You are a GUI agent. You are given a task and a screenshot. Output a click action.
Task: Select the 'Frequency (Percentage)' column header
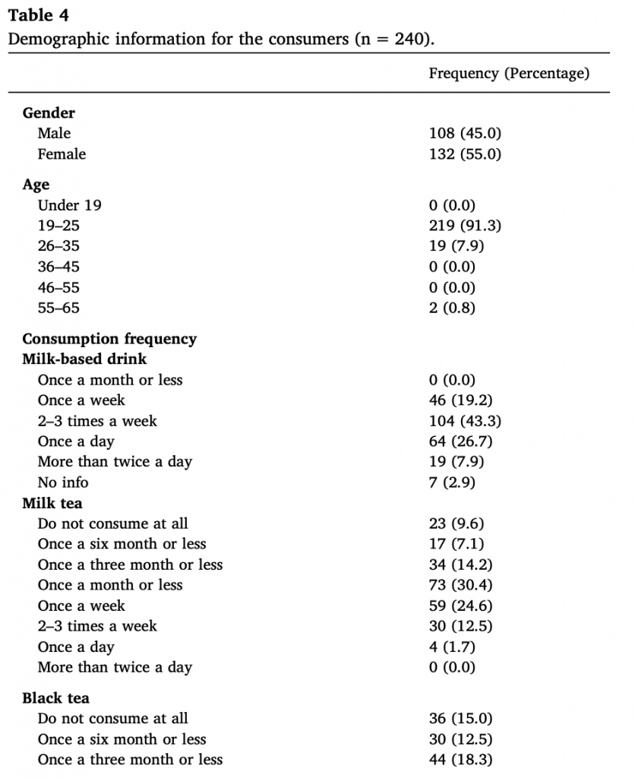point(508,74)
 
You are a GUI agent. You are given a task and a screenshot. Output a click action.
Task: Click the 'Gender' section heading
point(49,113)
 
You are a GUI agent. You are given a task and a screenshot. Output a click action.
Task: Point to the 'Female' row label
point(62,154)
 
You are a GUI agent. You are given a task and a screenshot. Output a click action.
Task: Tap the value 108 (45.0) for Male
point(465,134)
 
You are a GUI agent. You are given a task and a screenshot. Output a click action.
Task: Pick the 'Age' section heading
point(36,185)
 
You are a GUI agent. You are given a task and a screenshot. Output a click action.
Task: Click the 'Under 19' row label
point(69,205)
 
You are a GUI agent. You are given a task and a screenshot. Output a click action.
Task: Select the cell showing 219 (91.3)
point(465,226)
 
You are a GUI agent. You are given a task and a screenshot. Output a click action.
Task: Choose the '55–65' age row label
point(58,308)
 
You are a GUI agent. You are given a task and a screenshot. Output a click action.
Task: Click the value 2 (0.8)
point(452,308)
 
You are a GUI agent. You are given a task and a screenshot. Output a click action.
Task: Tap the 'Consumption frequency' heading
point(109,339)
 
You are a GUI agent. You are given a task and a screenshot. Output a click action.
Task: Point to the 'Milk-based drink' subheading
point(84,359)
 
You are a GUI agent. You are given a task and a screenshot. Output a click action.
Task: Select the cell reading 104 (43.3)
point(465,421)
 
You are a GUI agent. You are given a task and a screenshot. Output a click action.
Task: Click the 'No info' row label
point(63,482)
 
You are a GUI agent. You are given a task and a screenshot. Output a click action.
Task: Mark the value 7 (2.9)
point(452,482)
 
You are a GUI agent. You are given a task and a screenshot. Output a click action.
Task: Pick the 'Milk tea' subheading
point(52,503)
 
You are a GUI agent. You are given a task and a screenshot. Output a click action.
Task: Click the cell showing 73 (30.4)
point(460,585)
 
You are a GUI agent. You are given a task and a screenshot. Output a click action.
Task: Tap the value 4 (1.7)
point(452,647)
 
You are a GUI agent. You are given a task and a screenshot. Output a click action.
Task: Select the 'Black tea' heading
point(55,698)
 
